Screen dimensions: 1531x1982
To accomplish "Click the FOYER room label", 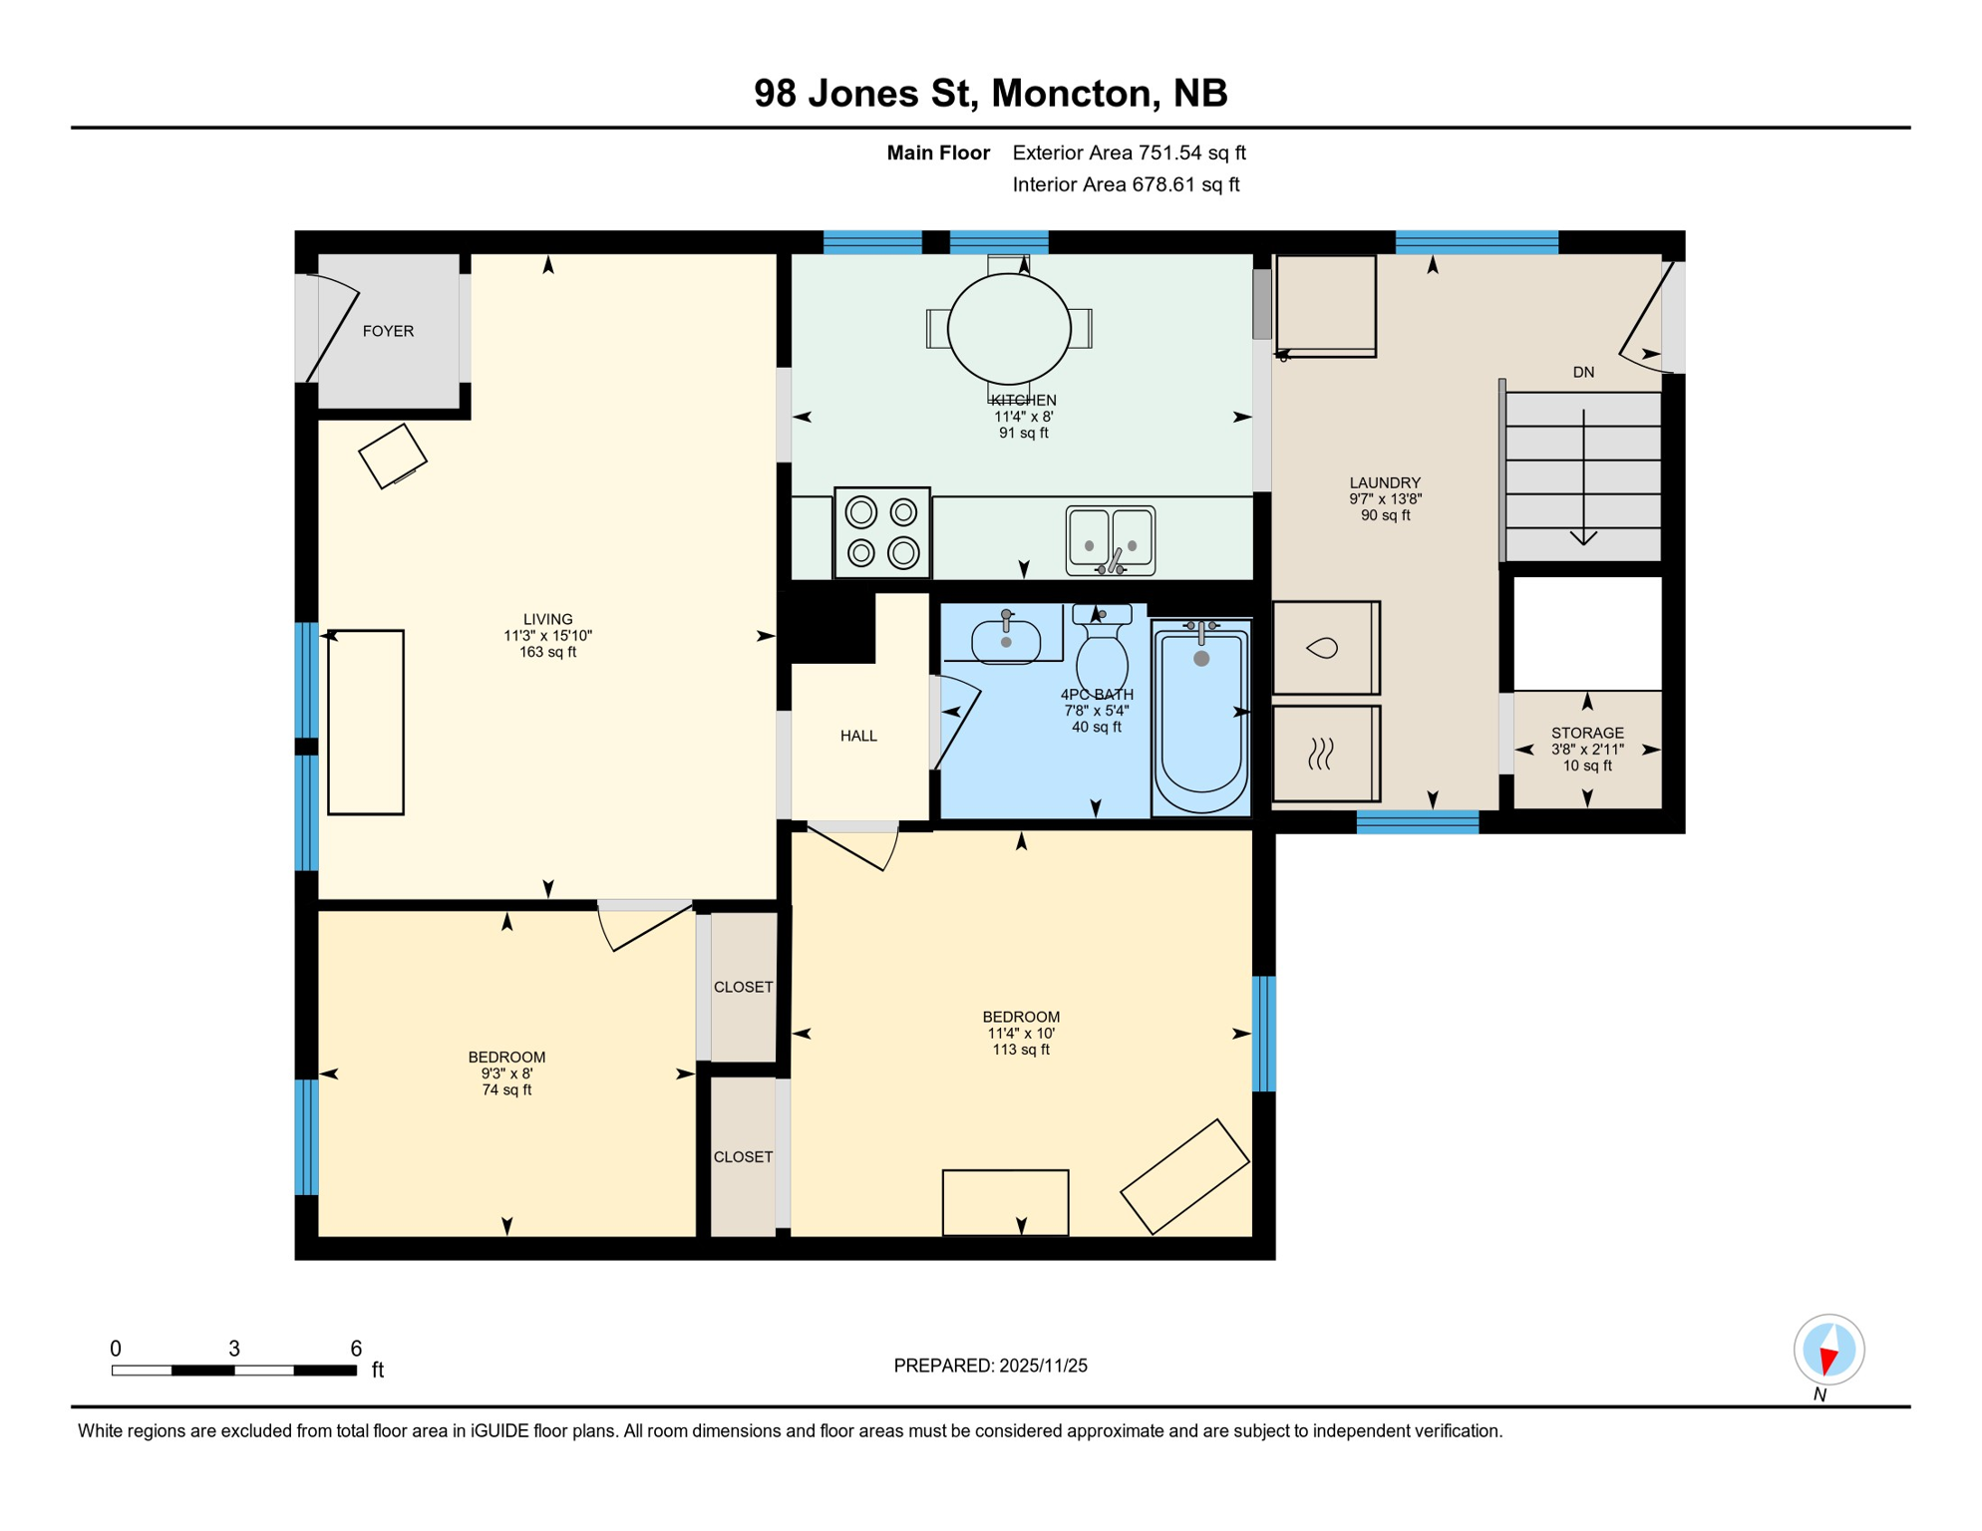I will pyautogui.click(x=388, y=331).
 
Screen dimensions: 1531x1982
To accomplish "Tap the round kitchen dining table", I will pyautogui.click(x=1009, y=328).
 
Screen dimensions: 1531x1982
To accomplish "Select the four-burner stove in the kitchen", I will pyautogui.click(x=882, y=532).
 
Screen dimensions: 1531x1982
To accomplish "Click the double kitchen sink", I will pyautogui.click(x=1110, y=540).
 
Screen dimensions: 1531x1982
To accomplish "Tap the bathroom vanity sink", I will pyautogui.click(x=1006, y=639).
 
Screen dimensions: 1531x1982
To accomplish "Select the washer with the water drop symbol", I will pyautogui.click(x=1325, y=648).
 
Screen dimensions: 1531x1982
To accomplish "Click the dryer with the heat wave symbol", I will pyautogui.click(x=1325, y=754).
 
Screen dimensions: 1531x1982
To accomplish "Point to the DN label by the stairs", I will pyautogui.click(x=1583, y=373).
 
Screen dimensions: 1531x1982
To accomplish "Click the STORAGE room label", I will pyautogui.click(x=1587, y=733).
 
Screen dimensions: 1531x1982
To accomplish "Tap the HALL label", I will pyautogui.click(x=858, y=736).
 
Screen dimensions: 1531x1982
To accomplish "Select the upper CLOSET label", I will pyautogui.click(x=743, y=987).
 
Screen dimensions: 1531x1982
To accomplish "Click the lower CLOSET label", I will pyautogui.click(x=743, y=1157).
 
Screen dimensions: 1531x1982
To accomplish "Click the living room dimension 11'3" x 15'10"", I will pyautogui.click(x=547, y=636).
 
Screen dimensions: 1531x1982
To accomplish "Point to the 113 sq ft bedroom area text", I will pyautogui.click(x=1021, y=1050).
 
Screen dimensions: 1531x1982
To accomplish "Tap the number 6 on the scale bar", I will pyautogui.click(x=356, y=1349).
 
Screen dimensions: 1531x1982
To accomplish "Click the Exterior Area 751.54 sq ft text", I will pyautogui.click(x=1129, y=153).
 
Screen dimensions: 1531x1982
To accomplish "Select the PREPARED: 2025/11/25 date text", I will pyautogui.click(x=990, y=1366).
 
